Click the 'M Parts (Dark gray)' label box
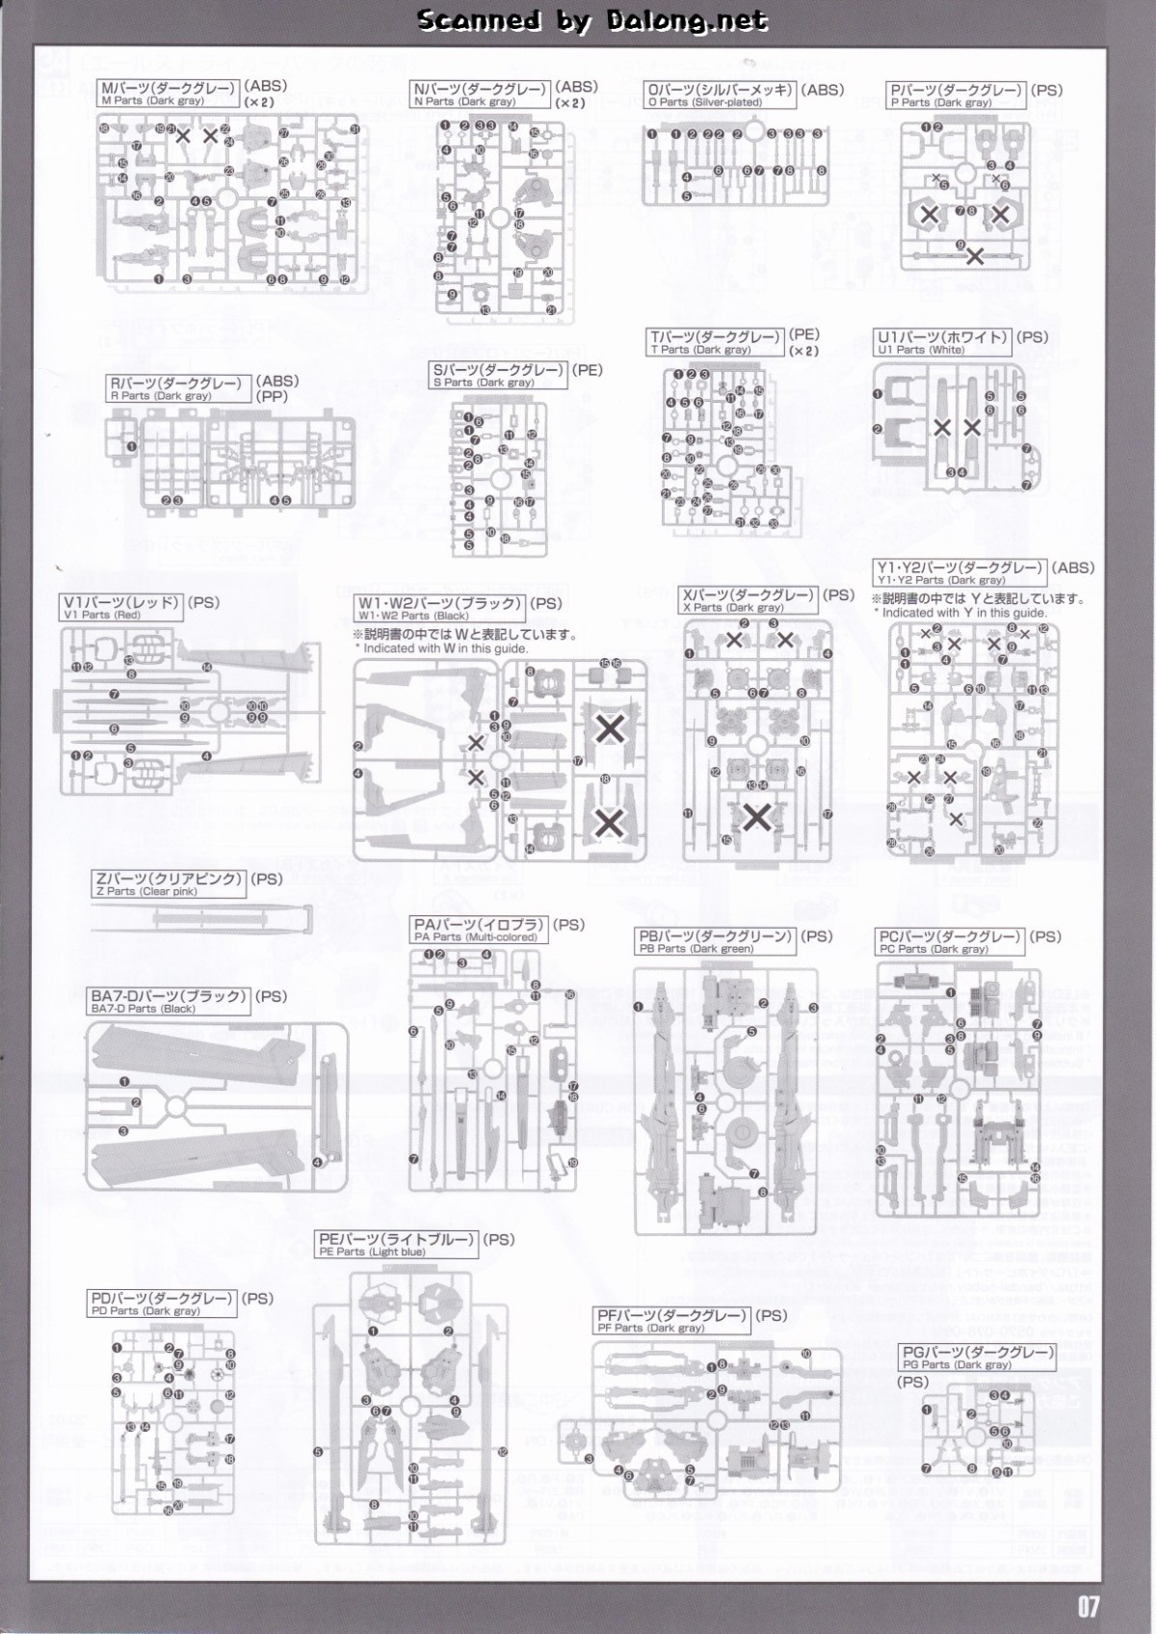tap(169, 93)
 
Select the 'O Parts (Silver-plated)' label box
tap(721, 94)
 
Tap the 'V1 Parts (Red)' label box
tap(121, 608)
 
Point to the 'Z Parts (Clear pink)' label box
tap(169, 884)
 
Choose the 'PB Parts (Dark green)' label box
tap(716, 941)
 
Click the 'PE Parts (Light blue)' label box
tap(397, 1245)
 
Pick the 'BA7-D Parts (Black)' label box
tap(169, 1002)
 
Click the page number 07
tap(1088, 1606)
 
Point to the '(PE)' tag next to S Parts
tap(587, 369)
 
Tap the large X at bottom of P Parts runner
tap(974, 256)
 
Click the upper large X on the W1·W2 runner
tap(609, 729)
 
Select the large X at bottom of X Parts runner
tap(757, 817)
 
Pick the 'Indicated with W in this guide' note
tap(445, 648)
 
